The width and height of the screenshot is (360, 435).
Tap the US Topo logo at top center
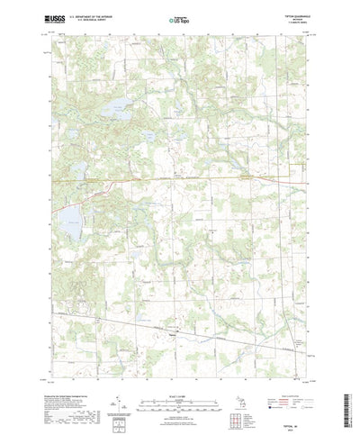click(x=179, y=18)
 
